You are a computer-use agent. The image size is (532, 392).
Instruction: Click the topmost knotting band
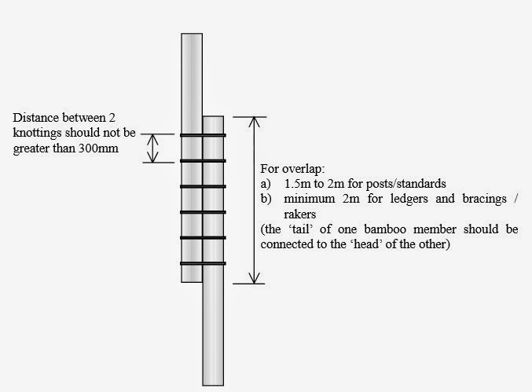pos(203,135)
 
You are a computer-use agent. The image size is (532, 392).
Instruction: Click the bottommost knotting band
pos(203,262)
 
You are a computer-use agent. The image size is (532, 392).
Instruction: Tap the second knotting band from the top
pos(203,161)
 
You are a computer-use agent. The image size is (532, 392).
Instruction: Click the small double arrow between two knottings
pos(154,148)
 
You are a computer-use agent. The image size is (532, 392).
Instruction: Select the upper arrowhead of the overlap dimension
pos(253,122)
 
